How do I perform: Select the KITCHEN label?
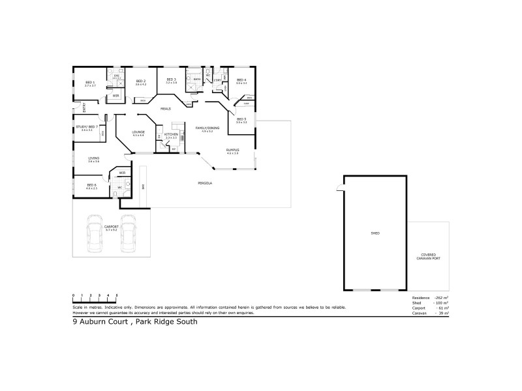pyautogui.click(x=171, y=134)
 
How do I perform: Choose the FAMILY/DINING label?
pyautogui.click(x=207, y=128)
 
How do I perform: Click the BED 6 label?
pyautogui.click(x=91, y=185)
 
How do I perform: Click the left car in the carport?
pyautogui.click(x=95, y=238)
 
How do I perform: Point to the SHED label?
pyautogui.click(x=375, y=233)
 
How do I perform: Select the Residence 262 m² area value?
pyautogui.click(x=441, y=297)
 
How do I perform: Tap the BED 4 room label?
pyautogui.click(x=241, y=81)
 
